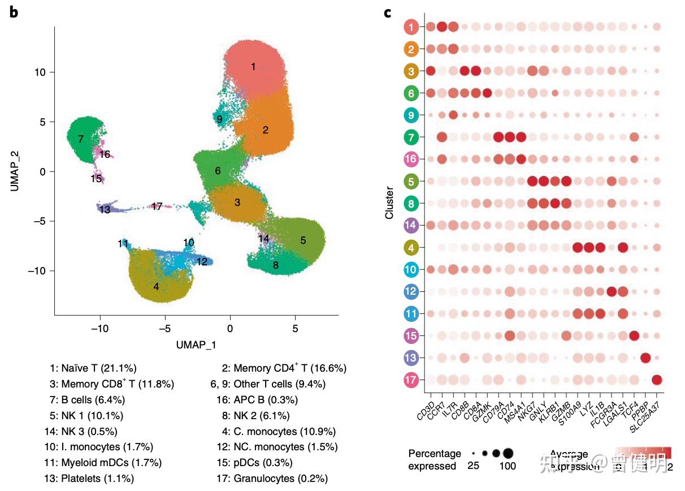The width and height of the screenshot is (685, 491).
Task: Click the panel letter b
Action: pos(14,12)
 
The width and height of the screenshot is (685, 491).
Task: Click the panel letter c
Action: pos(388,12)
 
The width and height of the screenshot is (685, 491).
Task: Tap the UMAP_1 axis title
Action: pos(196,344)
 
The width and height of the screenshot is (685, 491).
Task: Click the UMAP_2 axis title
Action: pos(15,170)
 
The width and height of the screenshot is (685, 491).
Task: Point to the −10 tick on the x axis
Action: pos(100,329)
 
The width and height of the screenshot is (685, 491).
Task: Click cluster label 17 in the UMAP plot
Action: pos(157,206)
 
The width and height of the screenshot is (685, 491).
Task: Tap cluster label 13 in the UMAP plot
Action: pos(105,210)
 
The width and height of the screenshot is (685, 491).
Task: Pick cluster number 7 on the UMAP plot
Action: pos(81,139)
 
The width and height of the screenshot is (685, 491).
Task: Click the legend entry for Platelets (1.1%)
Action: pos(89,479)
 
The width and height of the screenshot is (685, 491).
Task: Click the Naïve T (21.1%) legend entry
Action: pos(93,368)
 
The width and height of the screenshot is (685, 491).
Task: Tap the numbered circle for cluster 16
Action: pos(411,159)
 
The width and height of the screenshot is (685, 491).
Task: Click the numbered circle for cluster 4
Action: pos(411,247)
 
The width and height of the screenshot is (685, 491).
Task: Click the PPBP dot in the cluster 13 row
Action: pos(645,358)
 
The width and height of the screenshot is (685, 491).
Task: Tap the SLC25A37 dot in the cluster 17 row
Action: pos(657,380)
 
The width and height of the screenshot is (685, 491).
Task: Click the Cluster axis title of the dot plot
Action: pos(389,204)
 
